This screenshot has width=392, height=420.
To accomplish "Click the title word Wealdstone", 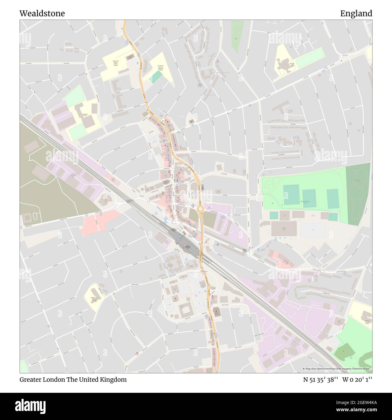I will pyautogui.click(x=42, y=14).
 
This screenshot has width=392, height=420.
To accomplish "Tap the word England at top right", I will pyautogui.click(x=356, y=14).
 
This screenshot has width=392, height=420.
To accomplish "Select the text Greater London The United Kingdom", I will pyautogui.click(x=73, y=380).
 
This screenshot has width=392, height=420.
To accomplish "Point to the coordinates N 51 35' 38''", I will pyautogui.click(x=321, y=380).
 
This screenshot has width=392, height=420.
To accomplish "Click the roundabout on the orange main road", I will pyautogui.click(x=200, y=208).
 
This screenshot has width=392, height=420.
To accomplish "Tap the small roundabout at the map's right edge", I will pyautogui.click(x=368, y=266).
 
